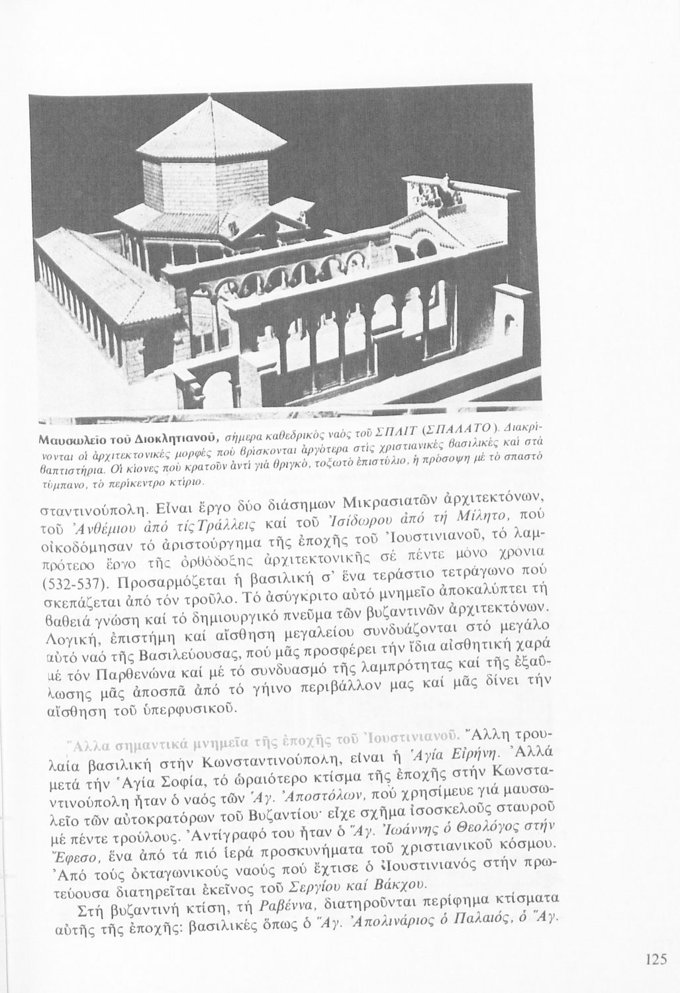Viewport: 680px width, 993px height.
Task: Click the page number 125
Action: (657, 960)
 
